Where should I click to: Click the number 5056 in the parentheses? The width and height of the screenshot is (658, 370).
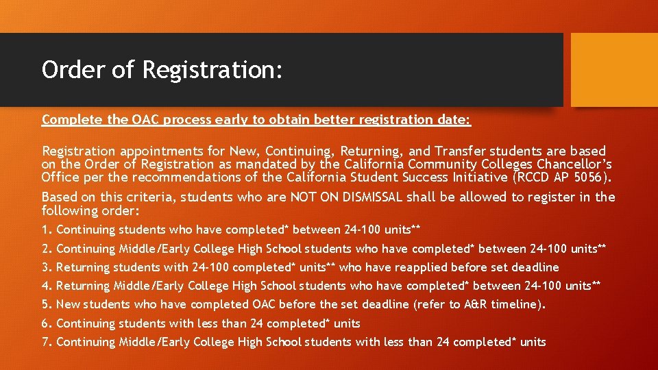coord(585,178)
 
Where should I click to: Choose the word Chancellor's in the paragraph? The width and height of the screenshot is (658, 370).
coord(571,164)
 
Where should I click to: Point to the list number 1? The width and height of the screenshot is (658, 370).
coord(45,230)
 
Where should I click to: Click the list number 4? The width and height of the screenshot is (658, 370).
coord(46,286)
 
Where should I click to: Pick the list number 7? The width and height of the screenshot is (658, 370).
coord(46,342)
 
